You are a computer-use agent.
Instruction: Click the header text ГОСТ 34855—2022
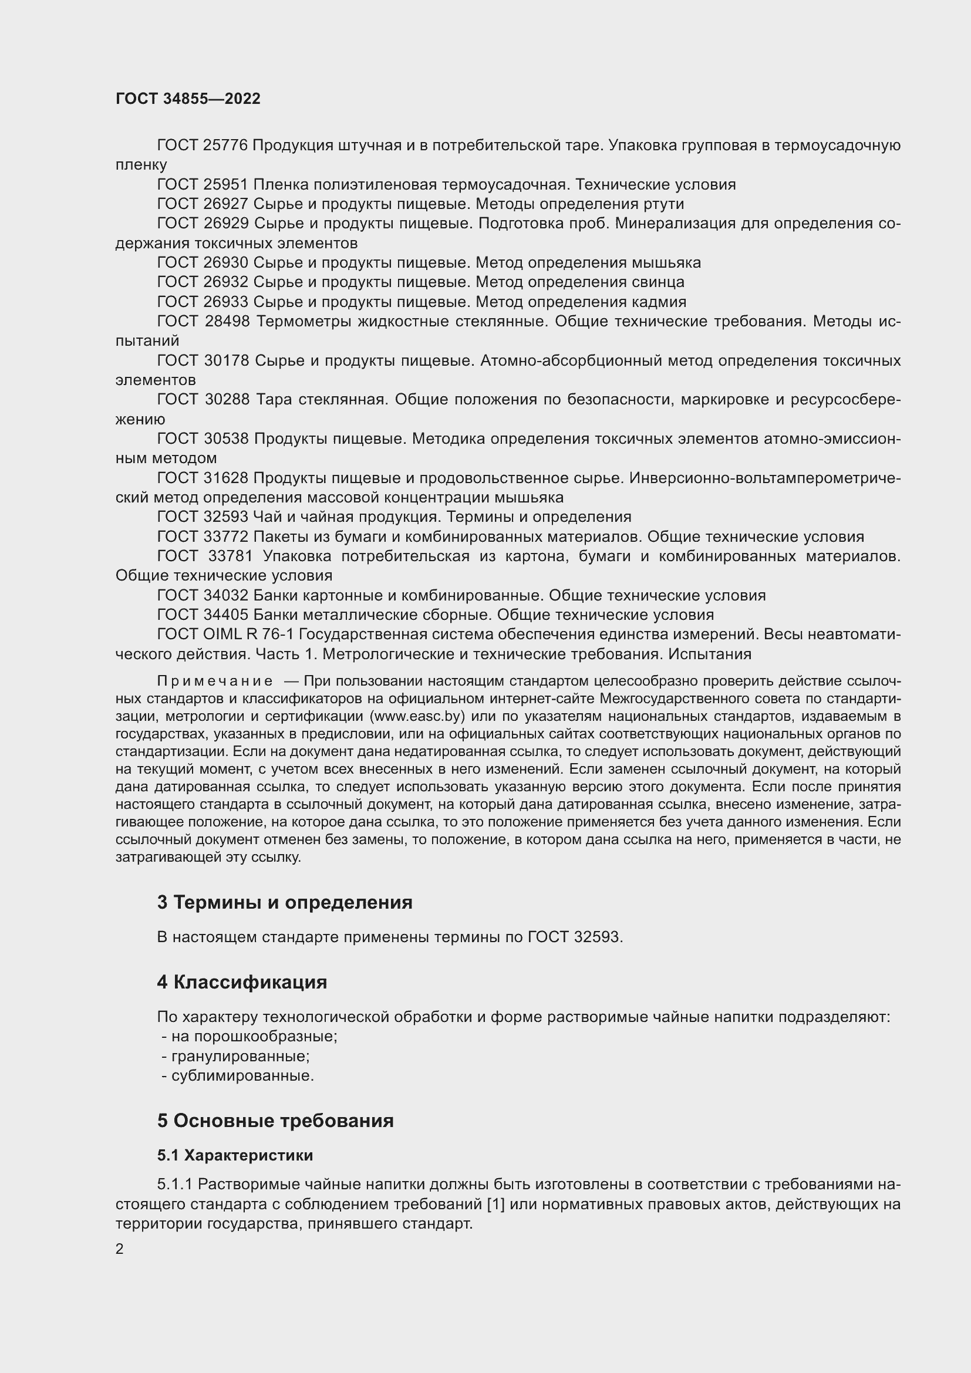[x=188, y=99]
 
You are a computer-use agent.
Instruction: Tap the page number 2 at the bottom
[x=120, y=1249]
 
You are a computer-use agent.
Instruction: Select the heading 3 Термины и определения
[x=285, y=902]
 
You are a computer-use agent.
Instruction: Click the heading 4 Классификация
[x=241, y=983]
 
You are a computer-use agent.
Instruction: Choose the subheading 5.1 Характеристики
[x=235, y=1155]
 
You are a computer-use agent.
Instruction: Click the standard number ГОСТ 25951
[x=202, y=185]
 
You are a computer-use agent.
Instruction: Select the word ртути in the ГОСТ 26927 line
[x=664, y=204]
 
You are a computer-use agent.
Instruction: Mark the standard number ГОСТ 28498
[x=203, y=321]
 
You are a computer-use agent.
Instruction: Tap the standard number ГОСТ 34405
[x=202, y=615]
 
